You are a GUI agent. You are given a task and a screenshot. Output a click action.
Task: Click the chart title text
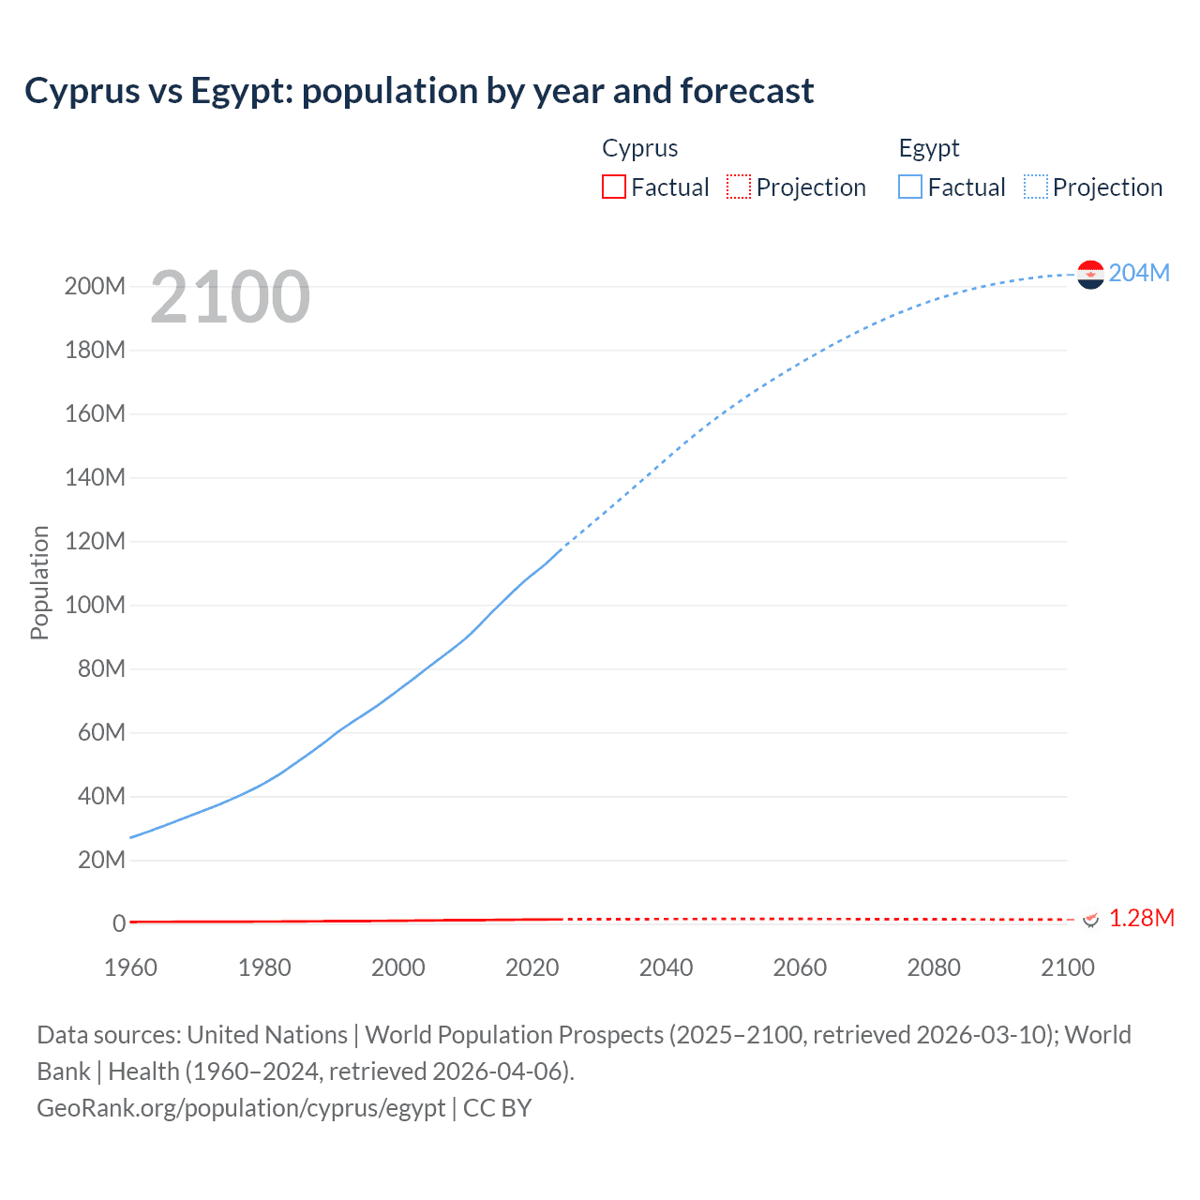click(419, 91)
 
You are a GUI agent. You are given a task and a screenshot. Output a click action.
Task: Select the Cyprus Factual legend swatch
click(613, 187)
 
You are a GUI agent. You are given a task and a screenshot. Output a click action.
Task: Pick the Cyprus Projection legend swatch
click(739, 187)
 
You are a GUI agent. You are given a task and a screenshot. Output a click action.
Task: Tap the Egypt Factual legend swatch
click(910, 187)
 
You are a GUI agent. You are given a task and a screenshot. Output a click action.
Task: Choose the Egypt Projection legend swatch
click(1036, 187)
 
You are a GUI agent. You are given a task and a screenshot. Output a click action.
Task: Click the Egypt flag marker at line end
click(1090, 274)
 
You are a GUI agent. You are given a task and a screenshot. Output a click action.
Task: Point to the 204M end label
click(1139, 273)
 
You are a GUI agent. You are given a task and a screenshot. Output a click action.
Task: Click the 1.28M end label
click(1141, 918)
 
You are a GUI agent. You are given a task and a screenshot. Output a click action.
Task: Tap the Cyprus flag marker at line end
click(1090, 919)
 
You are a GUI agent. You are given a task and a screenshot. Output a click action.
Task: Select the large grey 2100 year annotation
click(230, 296)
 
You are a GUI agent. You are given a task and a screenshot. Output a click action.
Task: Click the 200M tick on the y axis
click(95, 286)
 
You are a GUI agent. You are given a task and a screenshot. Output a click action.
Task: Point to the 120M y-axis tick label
click(95, 541)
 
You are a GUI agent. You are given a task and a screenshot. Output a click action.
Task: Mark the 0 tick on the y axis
click(119, 923)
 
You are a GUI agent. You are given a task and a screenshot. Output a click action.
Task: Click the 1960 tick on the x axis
click(130, 967)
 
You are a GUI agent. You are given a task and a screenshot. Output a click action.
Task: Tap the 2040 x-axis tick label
click(666, 967)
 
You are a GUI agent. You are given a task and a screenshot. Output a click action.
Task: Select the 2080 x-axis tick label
click(934, 967)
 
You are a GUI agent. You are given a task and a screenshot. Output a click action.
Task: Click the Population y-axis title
click(39, 582)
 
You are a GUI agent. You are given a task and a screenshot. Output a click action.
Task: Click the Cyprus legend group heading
click(639, 148)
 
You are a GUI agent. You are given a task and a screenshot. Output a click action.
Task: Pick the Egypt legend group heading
click(929, 148)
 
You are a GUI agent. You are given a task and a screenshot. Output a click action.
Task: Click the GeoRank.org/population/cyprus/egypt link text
click(241, 1107)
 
